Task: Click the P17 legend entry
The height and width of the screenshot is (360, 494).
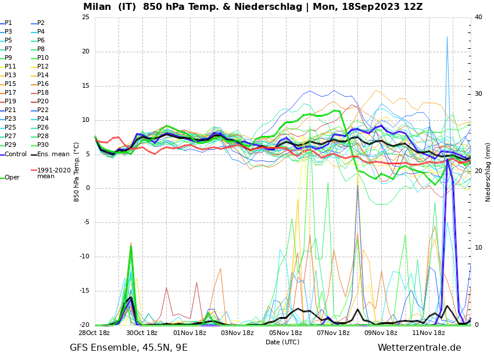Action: (x=10, y=93)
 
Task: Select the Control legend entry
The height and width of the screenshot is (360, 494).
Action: (x=15, y=154)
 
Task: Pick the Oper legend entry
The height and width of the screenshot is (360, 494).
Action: (x=12, y=178)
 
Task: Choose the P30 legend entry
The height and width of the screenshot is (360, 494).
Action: (x=42, y=145)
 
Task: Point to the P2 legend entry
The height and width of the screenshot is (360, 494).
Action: (x=41, y=23)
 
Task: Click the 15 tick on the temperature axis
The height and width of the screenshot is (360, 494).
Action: (x=85, y=86)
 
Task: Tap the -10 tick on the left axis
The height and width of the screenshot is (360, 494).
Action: (x=84, y=257)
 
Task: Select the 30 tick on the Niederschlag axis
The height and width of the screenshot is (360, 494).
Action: (x=478, y=94)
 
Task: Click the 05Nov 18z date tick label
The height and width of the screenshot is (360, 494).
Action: (x=285, y=333)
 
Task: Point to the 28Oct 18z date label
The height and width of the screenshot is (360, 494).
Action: (x=94, y=333)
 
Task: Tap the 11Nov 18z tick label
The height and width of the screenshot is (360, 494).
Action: (x=428, y=333)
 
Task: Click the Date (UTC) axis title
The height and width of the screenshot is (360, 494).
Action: (x=282, y=343)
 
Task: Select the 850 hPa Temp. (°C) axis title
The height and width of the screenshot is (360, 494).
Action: (x=77, y=172)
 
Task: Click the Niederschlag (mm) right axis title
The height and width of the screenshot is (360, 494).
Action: (x=488, y=172)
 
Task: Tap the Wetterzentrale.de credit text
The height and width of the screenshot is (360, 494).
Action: (x=419, y=348)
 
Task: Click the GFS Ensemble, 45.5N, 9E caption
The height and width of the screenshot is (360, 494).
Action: (x=128, y=348)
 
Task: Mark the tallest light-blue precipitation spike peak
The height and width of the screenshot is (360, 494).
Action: (x=447, y=37)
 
